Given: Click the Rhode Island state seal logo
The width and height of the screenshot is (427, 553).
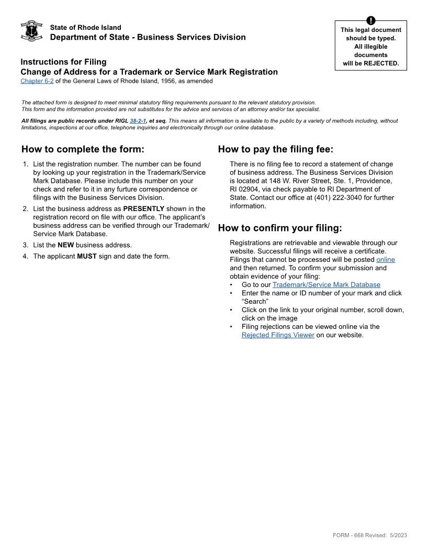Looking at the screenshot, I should click(x=31, y=31).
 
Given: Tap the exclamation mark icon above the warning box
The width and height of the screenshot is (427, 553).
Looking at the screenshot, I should click(x=370, y=21).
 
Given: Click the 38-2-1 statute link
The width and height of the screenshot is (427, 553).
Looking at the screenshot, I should click(x=138, y=121).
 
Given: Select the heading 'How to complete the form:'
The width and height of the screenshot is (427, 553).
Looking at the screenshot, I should click(x=83, y=149).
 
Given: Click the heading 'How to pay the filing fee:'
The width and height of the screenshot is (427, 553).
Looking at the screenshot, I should click(x=275, y=149).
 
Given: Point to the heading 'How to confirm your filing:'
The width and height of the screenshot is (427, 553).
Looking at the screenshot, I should click(x=279, y=228).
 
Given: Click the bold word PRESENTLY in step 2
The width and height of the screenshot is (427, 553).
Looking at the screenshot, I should click(x=143, y=208).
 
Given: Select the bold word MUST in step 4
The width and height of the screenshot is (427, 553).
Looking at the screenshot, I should click(x=87, y=257).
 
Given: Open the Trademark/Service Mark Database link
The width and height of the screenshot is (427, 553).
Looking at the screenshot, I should click(x=326, y=285).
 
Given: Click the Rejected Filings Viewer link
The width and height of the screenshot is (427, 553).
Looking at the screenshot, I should click(x=278, y=335).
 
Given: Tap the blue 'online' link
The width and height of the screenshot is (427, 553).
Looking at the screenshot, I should click(x=385, y=260).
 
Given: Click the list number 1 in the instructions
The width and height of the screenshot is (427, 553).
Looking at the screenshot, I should click(x=26, y=164).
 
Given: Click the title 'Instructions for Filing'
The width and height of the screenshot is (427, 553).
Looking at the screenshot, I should click(x=63, y=62).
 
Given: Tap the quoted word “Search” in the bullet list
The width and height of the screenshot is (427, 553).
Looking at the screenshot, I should click(x=255, y=302).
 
